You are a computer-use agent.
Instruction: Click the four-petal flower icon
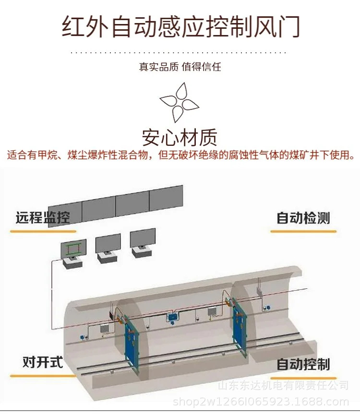(179, 101)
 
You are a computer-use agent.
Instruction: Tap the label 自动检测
(303, 218)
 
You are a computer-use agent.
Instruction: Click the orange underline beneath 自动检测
(303, 231)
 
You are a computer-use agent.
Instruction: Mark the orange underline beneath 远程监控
(43, 231)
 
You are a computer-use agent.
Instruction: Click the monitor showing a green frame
(73, 249)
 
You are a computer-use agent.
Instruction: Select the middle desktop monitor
(108, 244)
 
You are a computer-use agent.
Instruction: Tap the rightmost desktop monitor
(143, 238)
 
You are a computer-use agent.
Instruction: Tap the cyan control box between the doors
(172, 317)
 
